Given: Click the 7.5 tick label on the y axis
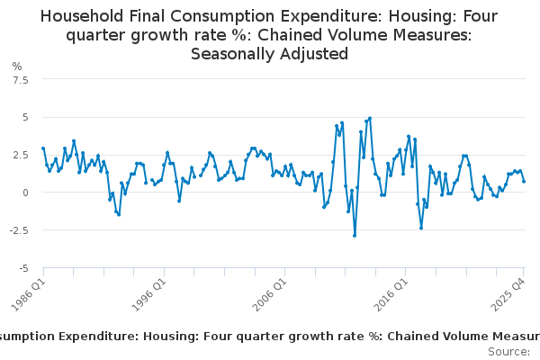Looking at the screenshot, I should click(x=21, y=79).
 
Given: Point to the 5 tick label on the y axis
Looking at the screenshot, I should click(x=26, y=117).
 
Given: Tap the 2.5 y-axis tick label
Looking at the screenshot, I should click(x=21, y=155).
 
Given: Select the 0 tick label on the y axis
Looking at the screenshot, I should click(x=26, y=193).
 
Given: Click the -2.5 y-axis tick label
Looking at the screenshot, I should click(x=19, y=230).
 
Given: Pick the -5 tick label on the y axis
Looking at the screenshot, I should click(x=24, y=268).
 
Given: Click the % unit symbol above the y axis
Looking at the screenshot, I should click(x=17, y=66).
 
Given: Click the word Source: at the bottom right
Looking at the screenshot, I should click(x=508, y=351).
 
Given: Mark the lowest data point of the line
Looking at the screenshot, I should click(x=355, y=236).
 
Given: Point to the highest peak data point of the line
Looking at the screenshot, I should click(x=370, y=118).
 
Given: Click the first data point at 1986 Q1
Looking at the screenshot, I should click(x=43, y=148).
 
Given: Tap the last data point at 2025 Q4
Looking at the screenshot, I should click(x=524, y=182).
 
